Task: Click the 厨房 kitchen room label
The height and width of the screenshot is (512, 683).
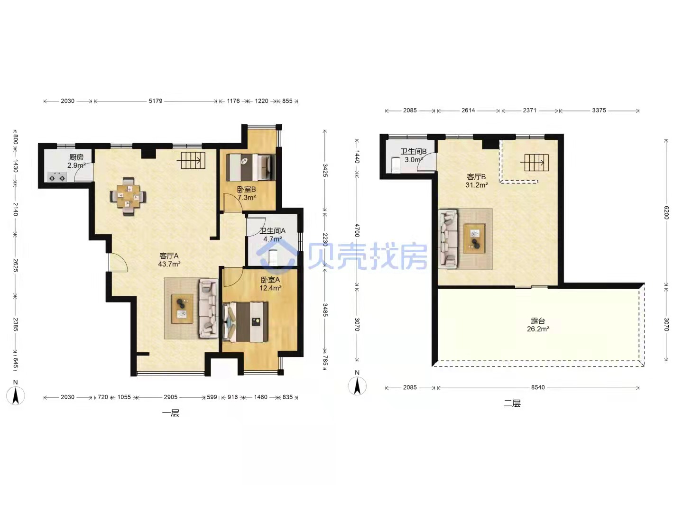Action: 76,157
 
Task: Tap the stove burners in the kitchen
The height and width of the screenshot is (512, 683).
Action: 57,177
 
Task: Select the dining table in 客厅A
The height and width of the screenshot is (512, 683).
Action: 128,196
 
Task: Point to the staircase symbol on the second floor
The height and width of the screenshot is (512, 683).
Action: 535,162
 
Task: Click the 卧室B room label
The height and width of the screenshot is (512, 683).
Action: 247,189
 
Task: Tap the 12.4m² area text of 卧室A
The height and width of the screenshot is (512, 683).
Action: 270,288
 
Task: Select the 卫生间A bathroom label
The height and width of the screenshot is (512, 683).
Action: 273,231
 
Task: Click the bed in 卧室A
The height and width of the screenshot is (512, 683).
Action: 246,322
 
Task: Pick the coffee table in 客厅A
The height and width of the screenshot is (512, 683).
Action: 183,309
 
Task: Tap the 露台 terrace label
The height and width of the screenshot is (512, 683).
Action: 538,320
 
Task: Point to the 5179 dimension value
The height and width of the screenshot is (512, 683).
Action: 155,101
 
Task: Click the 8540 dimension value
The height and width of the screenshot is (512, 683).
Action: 538,387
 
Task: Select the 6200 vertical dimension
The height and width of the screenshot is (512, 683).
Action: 666,213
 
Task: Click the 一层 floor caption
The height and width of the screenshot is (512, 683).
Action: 171,413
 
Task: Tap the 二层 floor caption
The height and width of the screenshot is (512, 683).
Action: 512,403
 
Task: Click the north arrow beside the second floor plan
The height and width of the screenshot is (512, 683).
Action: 357,386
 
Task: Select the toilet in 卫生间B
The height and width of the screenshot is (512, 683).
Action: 396,165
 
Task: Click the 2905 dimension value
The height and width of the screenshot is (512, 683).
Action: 171,397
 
